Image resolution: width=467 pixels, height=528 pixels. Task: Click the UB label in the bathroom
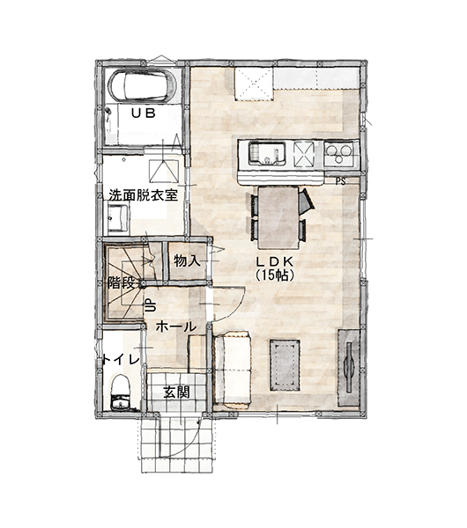[144, 114]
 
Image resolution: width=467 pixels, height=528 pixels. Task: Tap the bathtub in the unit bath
[143, 85]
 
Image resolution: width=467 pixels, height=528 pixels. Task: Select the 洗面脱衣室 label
[143, 195]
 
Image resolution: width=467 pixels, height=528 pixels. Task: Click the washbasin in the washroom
[118, 217]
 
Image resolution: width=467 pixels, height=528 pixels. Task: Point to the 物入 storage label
[187, 261]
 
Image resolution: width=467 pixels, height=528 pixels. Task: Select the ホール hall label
[176, 326]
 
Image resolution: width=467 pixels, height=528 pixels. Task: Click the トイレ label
[122, 360]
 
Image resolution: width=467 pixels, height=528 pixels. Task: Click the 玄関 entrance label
[177, 392]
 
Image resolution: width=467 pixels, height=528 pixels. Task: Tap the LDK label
[275, 261]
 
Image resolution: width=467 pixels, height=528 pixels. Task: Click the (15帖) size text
[275, 275]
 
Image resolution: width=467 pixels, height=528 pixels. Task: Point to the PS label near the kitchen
[341, 181]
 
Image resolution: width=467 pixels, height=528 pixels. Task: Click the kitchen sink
[267, 153]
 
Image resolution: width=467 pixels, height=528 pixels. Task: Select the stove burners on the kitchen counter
[339, 153]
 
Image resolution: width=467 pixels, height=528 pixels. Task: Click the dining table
[278, 217]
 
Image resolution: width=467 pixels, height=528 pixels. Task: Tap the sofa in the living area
[233, 368]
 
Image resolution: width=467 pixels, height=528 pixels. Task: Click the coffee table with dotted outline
[285, 365]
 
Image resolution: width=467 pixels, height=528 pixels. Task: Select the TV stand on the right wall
[349, 367]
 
